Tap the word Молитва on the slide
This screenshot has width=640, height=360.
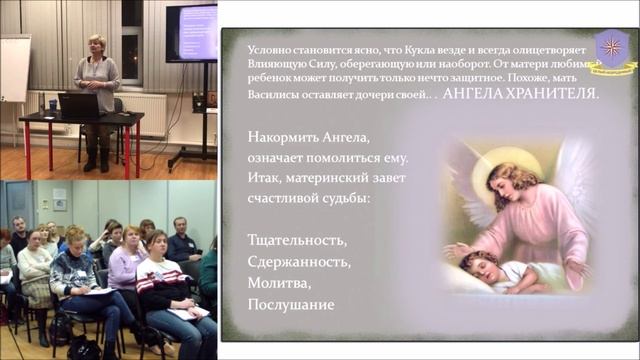click(x=274, y=283)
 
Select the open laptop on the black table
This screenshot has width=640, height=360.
click(x=77, y=104)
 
